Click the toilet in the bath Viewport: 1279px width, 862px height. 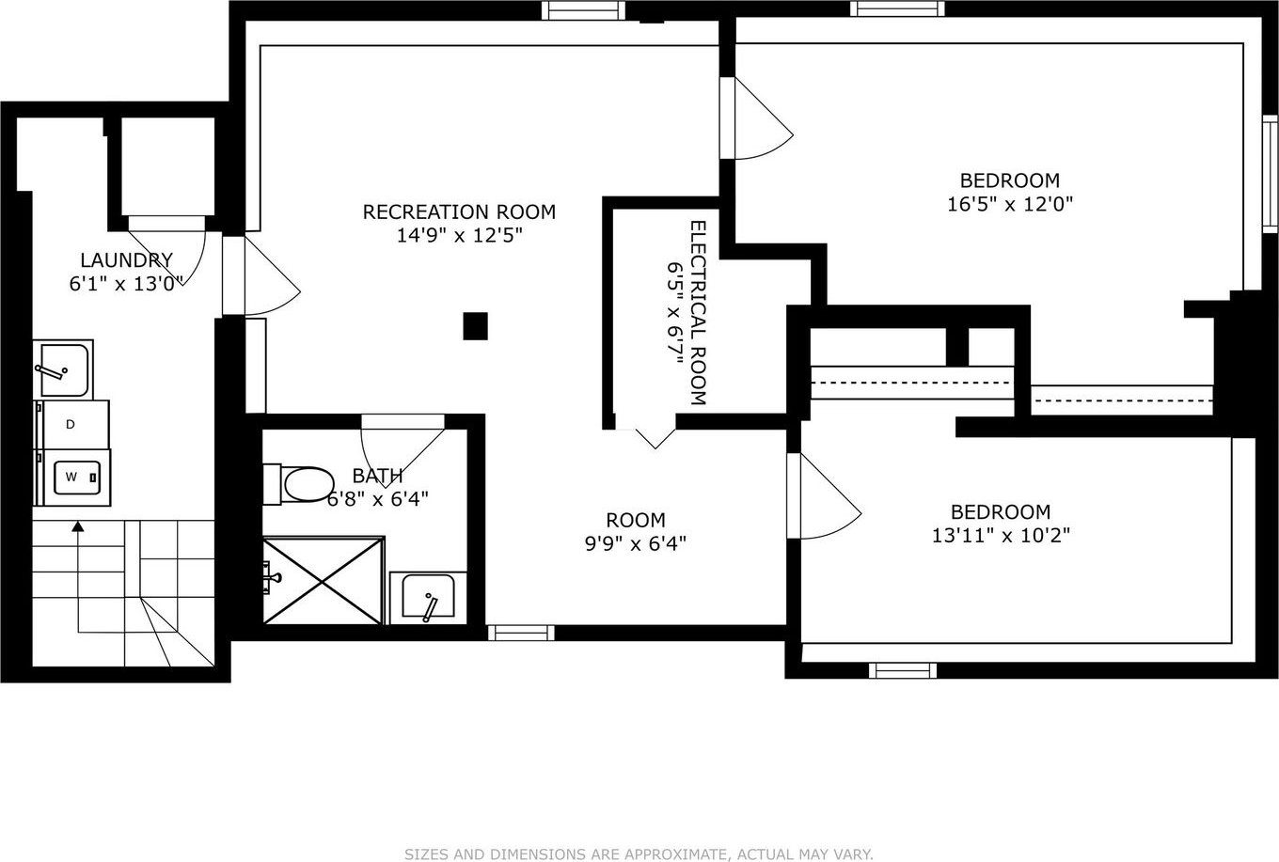pyautogui.click(x=299, y=484)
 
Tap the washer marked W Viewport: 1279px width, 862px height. pyautogui.click(x=73, y=478)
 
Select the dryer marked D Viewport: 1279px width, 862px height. pyautogui.click(x=71, y=424)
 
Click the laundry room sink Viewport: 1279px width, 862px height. pyautogui.click(x=63, y=368)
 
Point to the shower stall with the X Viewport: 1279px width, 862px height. pyautogui.click(x=324, y=580)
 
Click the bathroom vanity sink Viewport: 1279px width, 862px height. pyautogui.click(x=428, y=598)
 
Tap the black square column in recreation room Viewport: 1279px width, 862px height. pyautogui.click(x=475, y=326)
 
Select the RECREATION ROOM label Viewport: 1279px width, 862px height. pyautogui.click(x=459, y=212)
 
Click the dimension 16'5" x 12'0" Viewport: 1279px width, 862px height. pyautogui.click(x=1010, y=204)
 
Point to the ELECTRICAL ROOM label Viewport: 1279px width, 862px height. pyautogui.click(x=699, y=313)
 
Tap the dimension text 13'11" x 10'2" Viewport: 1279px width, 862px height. pyautogui.click(x=1001, y=535)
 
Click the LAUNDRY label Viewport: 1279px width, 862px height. pyautogui.click(x=126, y=259)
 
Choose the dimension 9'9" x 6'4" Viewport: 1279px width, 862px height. pyautogui.click(x=636, y=543)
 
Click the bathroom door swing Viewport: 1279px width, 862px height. pyautogui.click(x=403, y=451)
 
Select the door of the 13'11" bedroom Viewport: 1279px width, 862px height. pyautogui.click(x=824, y=495)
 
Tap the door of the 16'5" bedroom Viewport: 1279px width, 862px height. pyautogui.click(x=756, y=118)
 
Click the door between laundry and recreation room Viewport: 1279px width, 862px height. pyautogui.click(x=261, y=275)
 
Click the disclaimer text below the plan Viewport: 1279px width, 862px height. pyautogui.click(x=639, y=854)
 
